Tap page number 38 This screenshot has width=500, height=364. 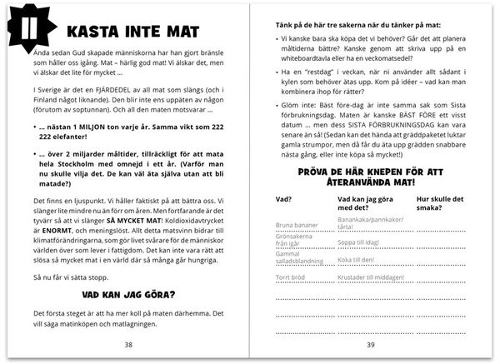tap(128, 343)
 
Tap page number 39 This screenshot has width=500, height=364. tap(370, 343)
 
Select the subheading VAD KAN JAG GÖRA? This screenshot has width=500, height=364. tap(128, 293)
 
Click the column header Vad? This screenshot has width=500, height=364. tap(282, 200)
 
